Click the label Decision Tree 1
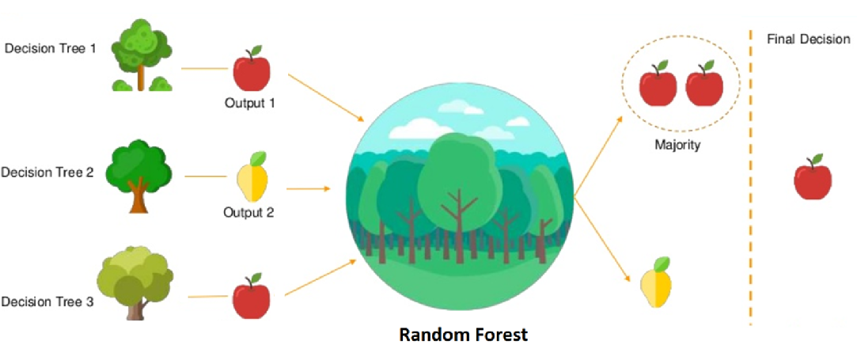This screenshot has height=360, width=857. pos(51,48)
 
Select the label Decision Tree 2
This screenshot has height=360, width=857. pos(47,172)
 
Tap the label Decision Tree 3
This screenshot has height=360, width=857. pos(47,301)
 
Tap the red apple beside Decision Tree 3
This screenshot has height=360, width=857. pos(252,296)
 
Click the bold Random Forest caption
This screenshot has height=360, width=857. pos(464,334)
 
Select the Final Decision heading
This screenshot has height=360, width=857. pos(809,40)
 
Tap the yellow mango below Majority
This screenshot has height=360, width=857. pos(656,282)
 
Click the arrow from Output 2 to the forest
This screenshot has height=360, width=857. pos(309,189)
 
